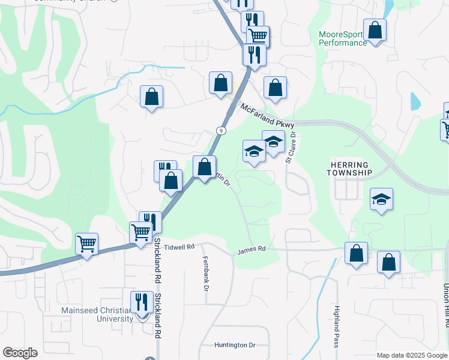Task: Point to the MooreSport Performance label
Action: tap(343, 39)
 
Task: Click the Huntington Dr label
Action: tap(235, 345)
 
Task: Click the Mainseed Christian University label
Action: tap(97, 314)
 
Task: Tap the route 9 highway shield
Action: tap(221, 130)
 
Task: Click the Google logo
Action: tap(20, 352)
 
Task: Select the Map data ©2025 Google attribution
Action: tap(412, 355)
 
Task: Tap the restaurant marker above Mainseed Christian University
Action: tap(142, 302)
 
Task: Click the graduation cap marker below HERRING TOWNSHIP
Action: tap(381, 199)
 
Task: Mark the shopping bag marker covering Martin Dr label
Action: tap(205, 167)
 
